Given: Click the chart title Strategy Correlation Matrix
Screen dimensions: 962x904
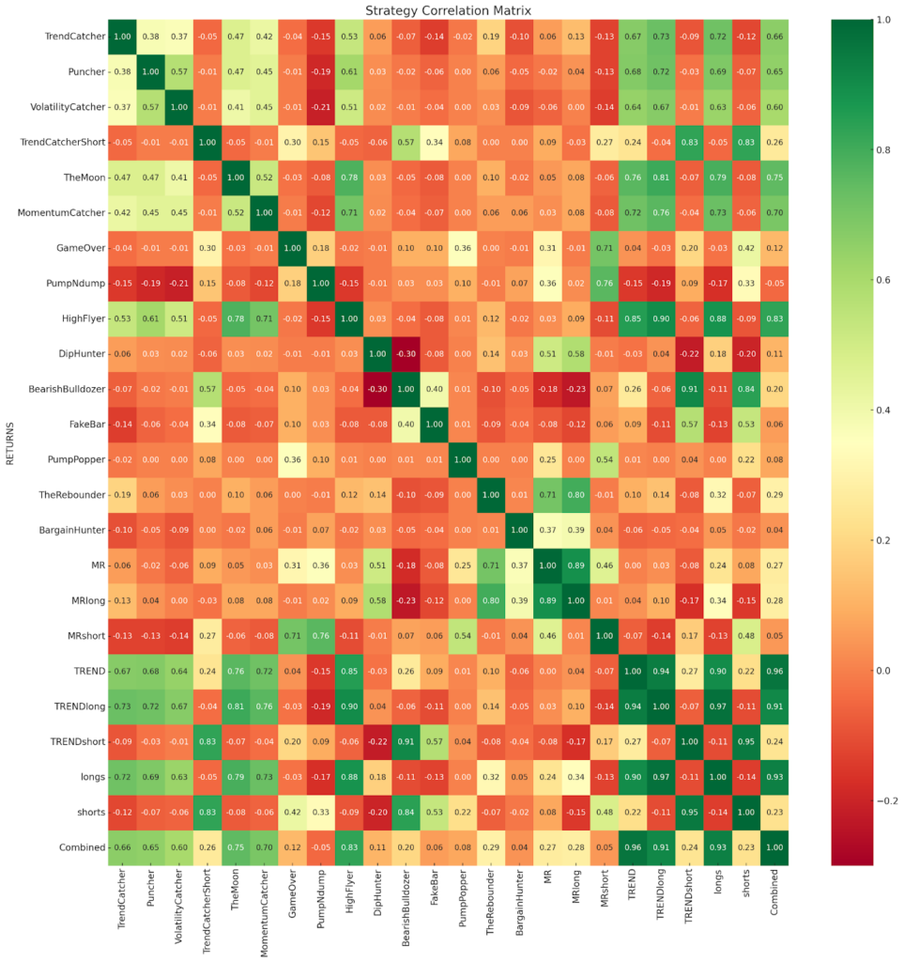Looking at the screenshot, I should point(451,9).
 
